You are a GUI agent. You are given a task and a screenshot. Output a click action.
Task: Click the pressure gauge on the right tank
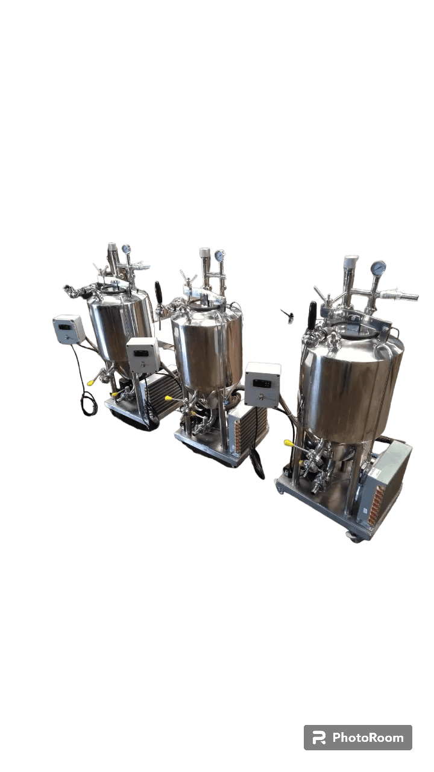[x=378, y=267]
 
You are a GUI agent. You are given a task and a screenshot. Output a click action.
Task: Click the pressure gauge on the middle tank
[x=219, y=255]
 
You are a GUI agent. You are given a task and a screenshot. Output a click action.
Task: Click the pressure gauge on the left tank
[x=126, y=248]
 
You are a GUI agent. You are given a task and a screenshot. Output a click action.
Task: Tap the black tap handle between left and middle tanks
[x=158, y=291]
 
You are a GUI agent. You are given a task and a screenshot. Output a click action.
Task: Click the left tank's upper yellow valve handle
[x=91, y=382]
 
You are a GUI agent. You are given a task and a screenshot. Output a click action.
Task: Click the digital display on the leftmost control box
[x=64, y=327]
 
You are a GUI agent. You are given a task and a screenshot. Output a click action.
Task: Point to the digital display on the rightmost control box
[x=260, y=383]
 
